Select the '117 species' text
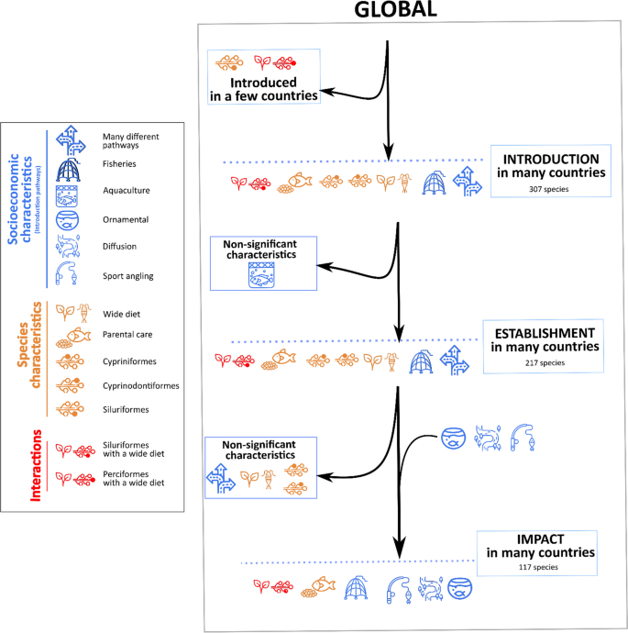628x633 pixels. [538, 568]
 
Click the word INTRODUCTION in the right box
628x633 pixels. [547, 159]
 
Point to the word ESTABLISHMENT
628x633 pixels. [544, 332]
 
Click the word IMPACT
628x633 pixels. [536, 539]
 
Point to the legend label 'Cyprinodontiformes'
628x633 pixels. [141, 385]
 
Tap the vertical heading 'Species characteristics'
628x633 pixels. [37, 361]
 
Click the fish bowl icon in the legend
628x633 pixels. [71, 221]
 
